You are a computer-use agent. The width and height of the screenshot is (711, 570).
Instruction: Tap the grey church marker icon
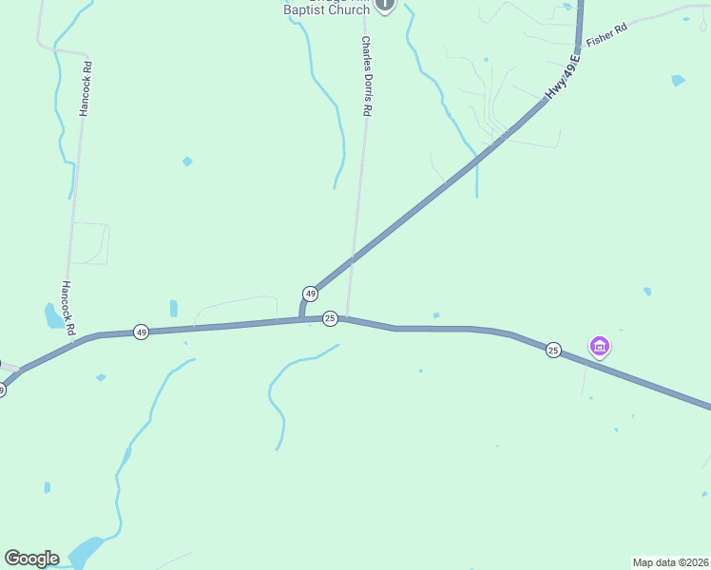coord(384,5)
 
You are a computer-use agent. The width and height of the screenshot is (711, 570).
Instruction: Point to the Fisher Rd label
coord(607,36)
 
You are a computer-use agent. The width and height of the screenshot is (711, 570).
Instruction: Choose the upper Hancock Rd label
coord(86,89)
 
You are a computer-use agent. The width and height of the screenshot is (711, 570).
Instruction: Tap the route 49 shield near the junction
coord(310,294)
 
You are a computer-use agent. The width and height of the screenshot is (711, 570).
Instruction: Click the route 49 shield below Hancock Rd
coord(141,332)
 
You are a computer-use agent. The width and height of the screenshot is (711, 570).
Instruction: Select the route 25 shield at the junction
coord(330,318)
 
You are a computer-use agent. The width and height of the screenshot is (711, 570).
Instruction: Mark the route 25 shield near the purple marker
coord(553,351)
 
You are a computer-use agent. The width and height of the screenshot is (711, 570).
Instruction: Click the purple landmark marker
coord(600,348)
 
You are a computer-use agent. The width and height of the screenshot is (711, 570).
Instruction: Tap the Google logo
coord(31,559)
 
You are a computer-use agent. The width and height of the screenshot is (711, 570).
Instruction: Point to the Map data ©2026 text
coord(670,561)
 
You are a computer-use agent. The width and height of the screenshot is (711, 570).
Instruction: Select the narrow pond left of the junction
coord(173,308)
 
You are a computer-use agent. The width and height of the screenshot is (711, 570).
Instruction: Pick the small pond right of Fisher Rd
coord(678,81)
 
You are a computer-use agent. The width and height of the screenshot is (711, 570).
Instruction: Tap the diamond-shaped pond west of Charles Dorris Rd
coord(187,161)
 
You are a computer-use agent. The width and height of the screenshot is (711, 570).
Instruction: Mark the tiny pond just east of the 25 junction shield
coord(436,315)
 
